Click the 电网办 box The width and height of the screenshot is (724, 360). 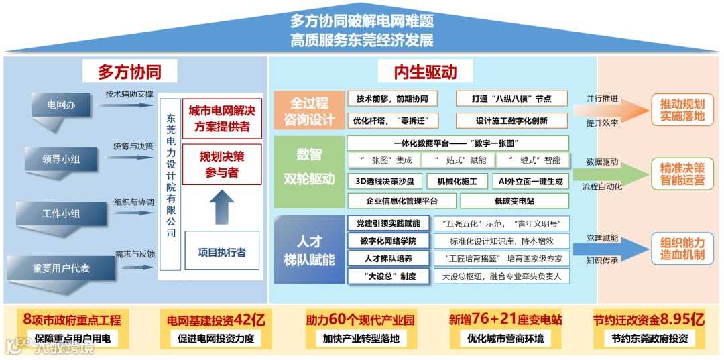tap(60, 105)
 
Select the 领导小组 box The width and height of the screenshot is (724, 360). tap(60, 159)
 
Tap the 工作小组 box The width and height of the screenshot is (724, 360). tap(60, 213)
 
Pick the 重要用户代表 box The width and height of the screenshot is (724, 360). tap(60, 267)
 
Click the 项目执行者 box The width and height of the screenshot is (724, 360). tap(221, 253)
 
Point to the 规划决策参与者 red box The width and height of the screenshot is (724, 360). tap(221, 165)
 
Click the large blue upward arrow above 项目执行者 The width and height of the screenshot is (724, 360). tap(222, 205)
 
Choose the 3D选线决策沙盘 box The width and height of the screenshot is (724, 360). tap(385, 181)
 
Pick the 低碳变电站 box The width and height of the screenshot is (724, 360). tap(514, 201)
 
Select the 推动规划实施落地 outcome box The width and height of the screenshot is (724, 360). tap(682, 110)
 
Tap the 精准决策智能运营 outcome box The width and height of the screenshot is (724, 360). tap(682, 174)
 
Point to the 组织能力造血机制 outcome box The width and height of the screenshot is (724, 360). tap(682, 249)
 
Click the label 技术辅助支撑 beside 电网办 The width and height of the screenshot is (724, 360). tap(129, 95)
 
